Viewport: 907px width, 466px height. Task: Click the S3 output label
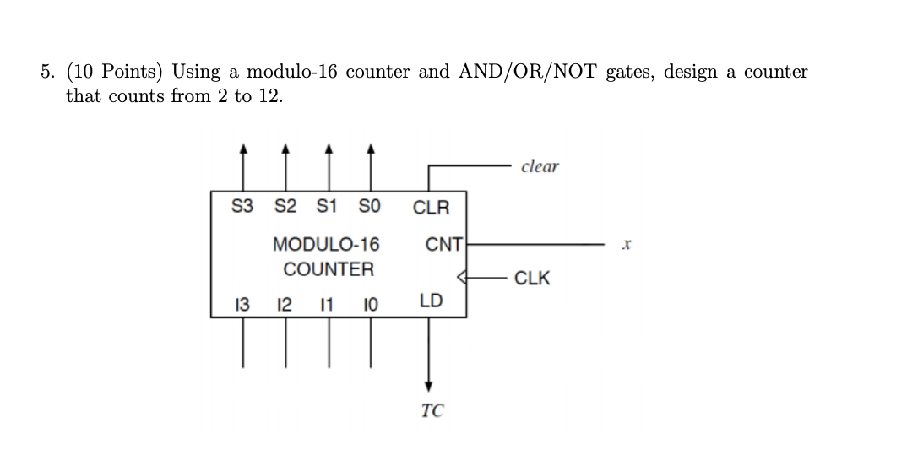[x=242, y=205]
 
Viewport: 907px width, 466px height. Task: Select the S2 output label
[x=285, y=205]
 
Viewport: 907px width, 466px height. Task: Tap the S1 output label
[x=327, y=205]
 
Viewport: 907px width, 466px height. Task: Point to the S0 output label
[x=369, y=205]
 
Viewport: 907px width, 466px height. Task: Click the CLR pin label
[x=432, y=208]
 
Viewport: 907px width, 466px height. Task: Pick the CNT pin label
[x=444, y=245]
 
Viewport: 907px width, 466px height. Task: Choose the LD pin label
[x=431, y=300]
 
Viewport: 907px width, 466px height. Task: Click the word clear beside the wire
[x=540, y=166]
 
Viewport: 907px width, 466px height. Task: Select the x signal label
[x=625, y=246]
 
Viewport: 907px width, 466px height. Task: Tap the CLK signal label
[x=532, y=278]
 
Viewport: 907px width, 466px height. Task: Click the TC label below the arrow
[x=432, y=411]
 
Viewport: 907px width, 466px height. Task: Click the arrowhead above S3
[x=243, y=150]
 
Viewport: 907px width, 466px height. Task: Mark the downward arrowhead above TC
[x=429, y=386]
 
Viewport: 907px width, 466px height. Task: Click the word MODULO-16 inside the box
[x=327, y=245]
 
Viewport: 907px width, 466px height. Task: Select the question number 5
[x=46, y=73]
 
